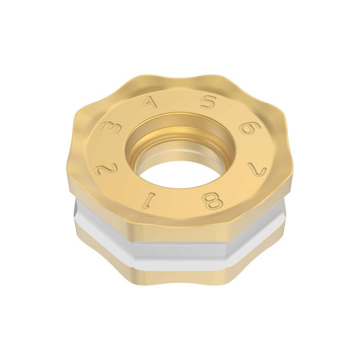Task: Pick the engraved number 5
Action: [207, 102]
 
